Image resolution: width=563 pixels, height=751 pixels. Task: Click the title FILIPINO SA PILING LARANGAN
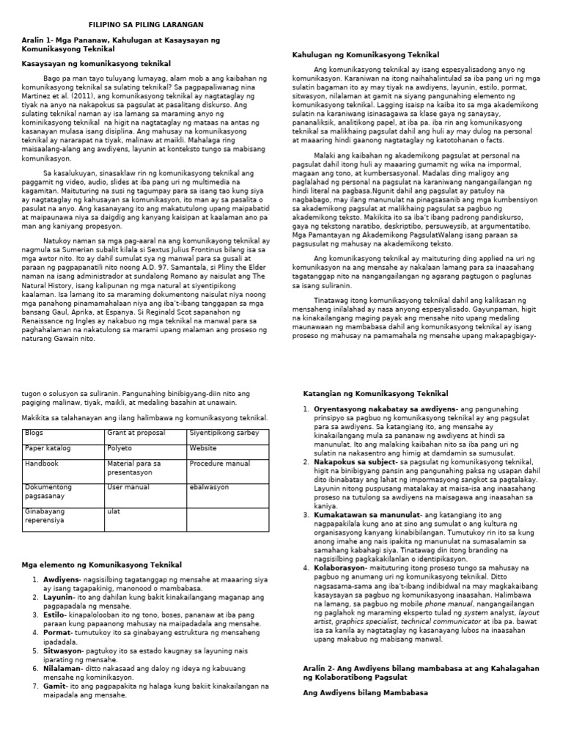(x=146, y=24)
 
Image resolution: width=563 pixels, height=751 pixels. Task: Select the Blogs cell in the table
(x=34, y=433)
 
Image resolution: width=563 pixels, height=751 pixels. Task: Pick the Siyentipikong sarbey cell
(x=224, y=433)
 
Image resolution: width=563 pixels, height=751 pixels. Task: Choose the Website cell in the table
(x=203, y=448)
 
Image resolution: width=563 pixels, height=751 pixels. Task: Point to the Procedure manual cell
(x=219, y=464)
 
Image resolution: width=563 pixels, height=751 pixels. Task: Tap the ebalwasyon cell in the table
(x=209, y=487)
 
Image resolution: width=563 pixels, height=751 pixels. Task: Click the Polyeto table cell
(x=119, y=448)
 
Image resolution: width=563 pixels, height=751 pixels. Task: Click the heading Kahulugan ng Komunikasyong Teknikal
(x=366, y=55)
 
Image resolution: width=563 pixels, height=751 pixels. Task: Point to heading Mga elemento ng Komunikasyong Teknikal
(x=103, y=564)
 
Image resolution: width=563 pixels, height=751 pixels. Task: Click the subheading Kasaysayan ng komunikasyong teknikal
(x=95, y=65)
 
